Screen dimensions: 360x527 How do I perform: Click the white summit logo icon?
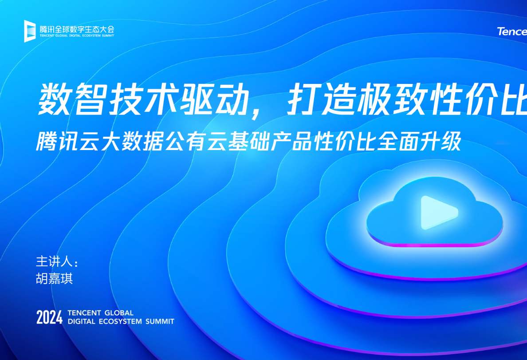pyautogui.click(x=30, y=31)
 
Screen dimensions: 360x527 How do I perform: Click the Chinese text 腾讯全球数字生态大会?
pyautogui.click(x=77, y=28)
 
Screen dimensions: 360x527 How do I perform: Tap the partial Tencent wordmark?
pyautogui.click(x=512, y=32)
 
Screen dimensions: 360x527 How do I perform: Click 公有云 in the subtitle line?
pyautogui.click(x=206, y=142)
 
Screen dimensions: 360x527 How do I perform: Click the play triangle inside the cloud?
pyautogui.click(x=437, y=213)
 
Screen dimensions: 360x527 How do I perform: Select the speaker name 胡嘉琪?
pyautogui.click(x=54, y=279)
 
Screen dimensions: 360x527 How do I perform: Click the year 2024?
pyautogui.click(x=49, y=317)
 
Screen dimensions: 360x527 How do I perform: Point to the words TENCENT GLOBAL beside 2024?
pyautogui.click(x=100, y=313)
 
